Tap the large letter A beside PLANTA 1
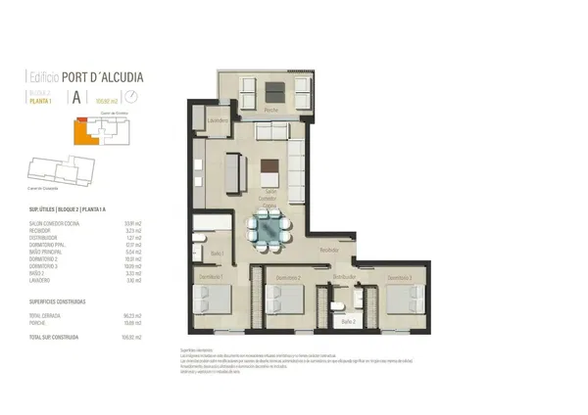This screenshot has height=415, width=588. [74, 97]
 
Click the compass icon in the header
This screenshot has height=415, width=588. [131, 97]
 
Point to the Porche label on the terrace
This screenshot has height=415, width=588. [273, 109]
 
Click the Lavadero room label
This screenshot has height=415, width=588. [219, 120]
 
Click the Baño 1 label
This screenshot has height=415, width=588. [218, 254]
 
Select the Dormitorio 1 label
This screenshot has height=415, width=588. [214, 278]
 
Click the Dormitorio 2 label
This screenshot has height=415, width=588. [286, 278]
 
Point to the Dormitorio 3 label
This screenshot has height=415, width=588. [397, 279]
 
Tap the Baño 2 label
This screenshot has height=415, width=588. [347, 320]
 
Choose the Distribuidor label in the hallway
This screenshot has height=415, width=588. [343, 278]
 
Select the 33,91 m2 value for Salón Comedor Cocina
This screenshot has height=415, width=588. [135, 223]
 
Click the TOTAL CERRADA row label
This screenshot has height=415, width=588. [45, 314]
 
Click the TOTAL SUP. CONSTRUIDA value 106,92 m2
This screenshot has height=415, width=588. [134, 336]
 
